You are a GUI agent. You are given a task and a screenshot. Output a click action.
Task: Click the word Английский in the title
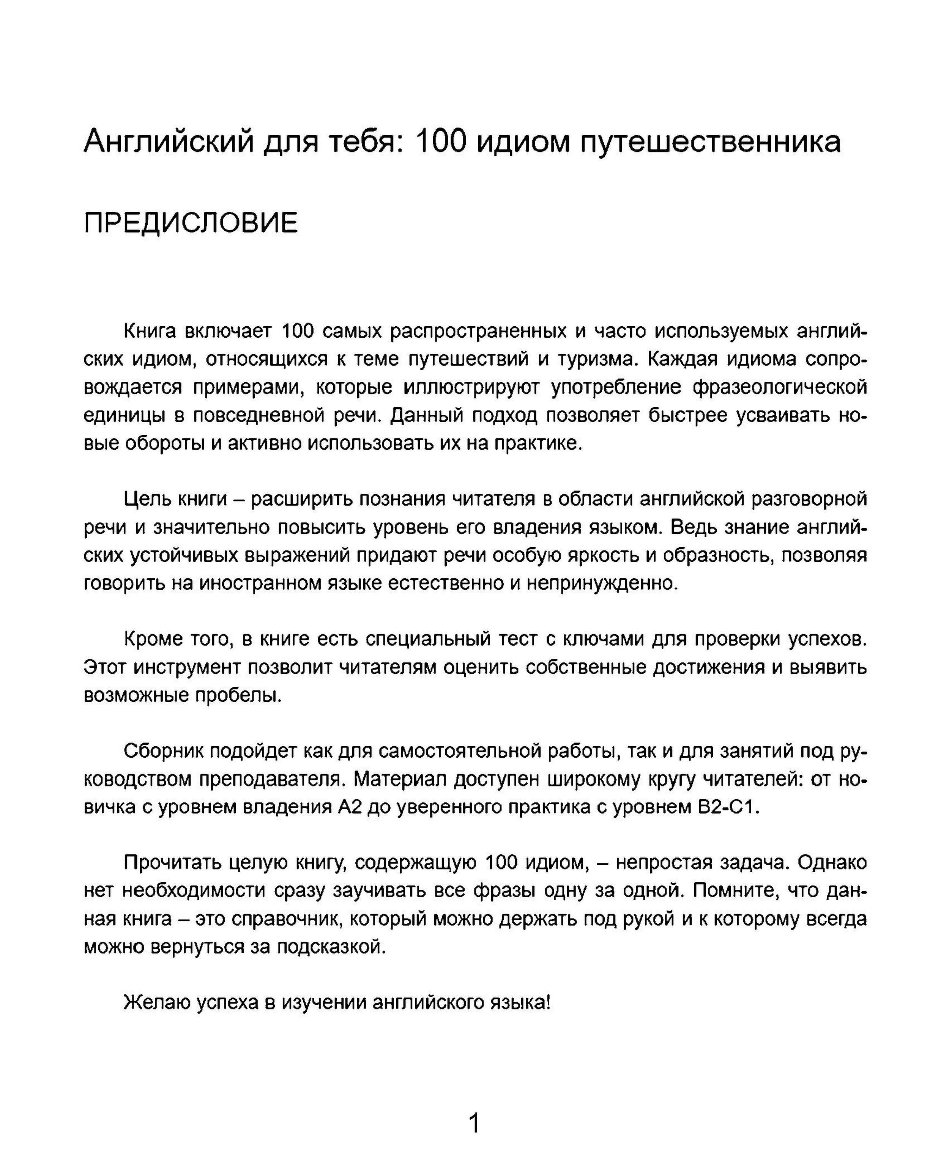point(169,142)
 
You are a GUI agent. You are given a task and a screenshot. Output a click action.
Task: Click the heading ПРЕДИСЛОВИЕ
point(191,223)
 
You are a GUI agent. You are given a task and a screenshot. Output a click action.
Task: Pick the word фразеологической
point(780,387)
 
